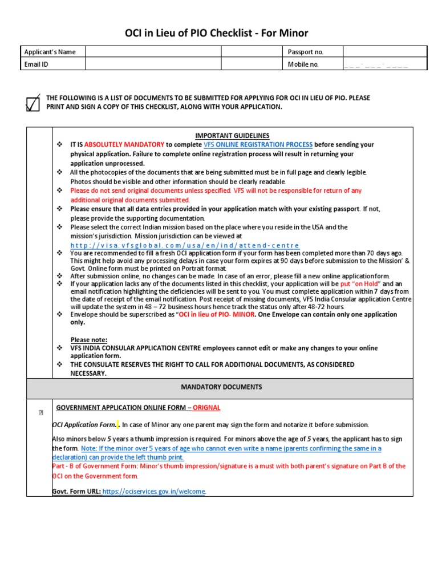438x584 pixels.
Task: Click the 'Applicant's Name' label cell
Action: [50, 52]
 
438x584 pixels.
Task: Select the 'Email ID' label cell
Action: [36, 64]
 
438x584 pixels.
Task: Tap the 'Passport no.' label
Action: [306, 52]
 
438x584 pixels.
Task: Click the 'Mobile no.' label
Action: [303, 64]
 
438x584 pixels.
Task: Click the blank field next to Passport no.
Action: [383, 52]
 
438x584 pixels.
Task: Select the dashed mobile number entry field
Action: [376, 64]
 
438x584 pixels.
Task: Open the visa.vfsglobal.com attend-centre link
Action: [184, 245]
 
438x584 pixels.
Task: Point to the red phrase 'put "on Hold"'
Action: [359, 283]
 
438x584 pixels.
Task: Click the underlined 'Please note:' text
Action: [88, 340]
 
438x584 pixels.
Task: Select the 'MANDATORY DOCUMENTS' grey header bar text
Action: [221, 387]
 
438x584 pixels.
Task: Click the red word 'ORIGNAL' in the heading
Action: [206, 408]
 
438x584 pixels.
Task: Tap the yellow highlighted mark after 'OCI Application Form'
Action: [117, 424]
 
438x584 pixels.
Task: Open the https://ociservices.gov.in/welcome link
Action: [154, 492]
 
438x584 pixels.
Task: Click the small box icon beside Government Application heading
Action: [40, 413]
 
